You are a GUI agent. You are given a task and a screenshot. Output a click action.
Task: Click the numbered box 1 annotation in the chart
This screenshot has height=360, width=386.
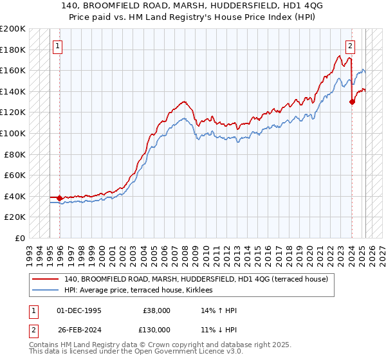[x=58, y=46]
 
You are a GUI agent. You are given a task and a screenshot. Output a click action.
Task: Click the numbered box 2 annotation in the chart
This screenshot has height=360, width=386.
[x=350, y=46]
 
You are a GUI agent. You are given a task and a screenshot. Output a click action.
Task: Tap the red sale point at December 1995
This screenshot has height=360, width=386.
[x=60, y=198]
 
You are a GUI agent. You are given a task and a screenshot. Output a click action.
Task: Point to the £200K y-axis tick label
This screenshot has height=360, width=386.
[x=14, y=29]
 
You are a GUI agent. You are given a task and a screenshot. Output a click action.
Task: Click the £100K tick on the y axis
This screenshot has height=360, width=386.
[x=14, y=133]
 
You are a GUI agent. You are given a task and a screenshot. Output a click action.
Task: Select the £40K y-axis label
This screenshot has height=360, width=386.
[x=15, y=196]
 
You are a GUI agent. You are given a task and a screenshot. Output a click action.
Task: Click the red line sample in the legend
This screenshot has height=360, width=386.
[x=46, y=279]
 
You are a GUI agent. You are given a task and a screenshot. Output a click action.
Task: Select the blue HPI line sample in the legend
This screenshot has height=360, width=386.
[x=46, y=291]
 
